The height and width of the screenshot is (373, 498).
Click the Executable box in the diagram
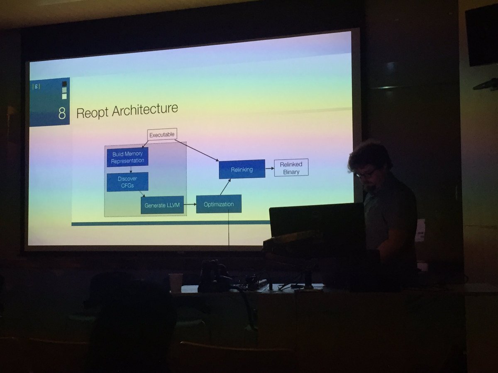162,134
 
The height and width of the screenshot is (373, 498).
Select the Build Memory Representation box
127,157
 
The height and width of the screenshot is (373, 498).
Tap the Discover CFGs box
127,182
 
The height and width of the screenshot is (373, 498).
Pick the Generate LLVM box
162,205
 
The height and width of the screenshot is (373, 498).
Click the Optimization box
219,204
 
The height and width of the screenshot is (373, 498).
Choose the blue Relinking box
242,169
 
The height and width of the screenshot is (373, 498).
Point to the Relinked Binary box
291,167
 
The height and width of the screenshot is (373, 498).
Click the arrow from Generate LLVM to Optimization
190,204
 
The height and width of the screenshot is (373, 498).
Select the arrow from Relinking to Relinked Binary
269,168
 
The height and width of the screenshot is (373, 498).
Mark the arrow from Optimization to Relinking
225,187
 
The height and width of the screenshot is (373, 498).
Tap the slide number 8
62,113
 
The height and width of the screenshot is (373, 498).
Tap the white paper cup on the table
176,282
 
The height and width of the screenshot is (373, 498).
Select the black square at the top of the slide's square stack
64,84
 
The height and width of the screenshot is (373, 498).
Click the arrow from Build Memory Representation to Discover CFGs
131,170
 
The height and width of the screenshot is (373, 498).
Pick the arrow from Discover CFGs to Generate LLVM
142,194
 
